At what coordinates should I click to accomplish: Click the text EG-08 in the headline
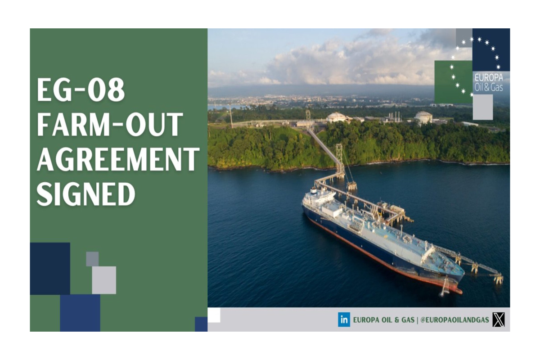tap(81, 90)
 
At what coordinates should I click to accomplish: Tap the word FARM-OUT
tap(110, 125)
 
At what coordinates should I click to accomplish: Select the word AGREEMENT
tap(118, 160)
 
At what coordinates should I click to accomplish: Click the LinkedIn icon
tap(344, 320)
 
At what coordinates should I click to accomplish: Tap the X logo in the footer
tap(499, 320)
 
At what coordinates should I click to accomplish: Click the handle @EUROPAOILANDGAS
tap(455, 320)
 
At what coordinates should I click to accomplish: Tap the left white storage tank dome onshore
tap(337, 117)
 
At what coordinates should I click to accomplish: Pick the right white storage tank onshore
tap(423, 117)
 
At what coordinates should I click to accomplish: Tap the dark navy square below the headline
tap(50, 268)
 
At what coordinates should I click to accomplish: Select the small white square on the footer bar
tap(214, 315)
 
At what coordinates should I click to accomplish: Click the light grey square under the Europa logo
tap(482, 107)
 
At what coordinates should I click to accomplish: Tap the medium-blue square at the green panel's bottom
tap(80, 313)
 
